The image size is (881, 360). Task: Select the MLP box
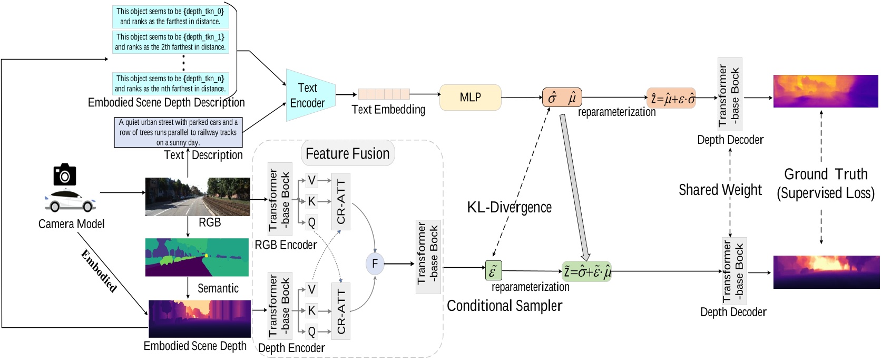pyautogui.click(x=470, y=97)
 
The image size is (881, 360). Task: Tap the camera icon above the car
pyautogui.click(x=65, y=174)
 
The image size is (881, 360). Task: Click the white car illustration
pyautogui.click(x=70, y=201)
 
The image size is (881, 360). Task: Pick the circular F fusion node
pyautogui.click(x=375, y=264)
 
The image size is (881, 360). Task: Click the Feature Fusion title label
pyautogui.click(x=348, y=153)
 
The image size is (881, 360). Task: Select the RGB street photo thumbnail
pyautogui.click(x=197, y=197)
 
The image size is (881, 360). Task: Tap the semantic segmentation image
pyautogui.click(x=197, y=257)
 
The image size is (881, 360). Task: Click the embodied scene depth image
pyautogui.click(x=200, y=318)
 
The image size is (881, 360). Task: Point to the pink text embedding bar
pyautogui.click(x=384, y=94)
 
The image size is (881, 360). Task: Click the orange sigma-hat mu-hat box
pyautogui.click(x=562, y=98)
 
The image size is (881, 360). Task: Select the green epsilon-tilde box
pyautogui.click(x=493, y=271)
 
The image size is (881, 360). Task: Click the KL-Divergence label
pyautogui.click(x=509, y=207)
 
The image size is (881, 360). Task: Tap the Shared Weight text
pyautogui.click(x=720, y=190)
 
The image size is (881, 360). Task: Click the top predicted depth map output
pyautogui.click(x=825, y=91)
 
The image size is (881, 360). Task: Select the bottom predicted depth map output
pyautogui.click(x=826, y=271)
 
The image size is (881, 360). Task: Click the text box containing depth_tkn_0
pyautogui.click(x=170, y=16)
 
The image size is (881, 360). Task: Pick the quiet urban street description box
pyautogui.click(x=178, y=132)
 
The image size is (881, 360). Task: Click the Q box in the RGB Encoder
pyautogui.click(x=311, y=222)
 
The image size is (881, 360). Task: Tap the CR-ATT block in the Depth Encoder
pyautogui.click(x=340, y=311)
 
